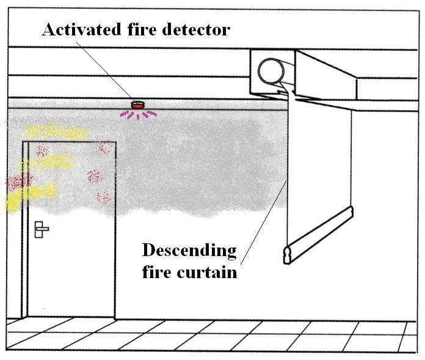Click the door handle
pyautogui.click(x=42, y=229)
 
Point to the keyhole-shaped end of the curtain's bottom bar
pyautogui.click(x=287, y=252)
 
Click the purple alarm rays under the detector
pyautogui.click(x=140, y=114)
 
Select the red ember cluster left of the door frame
pyautogui.click(x=17, y=181)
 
